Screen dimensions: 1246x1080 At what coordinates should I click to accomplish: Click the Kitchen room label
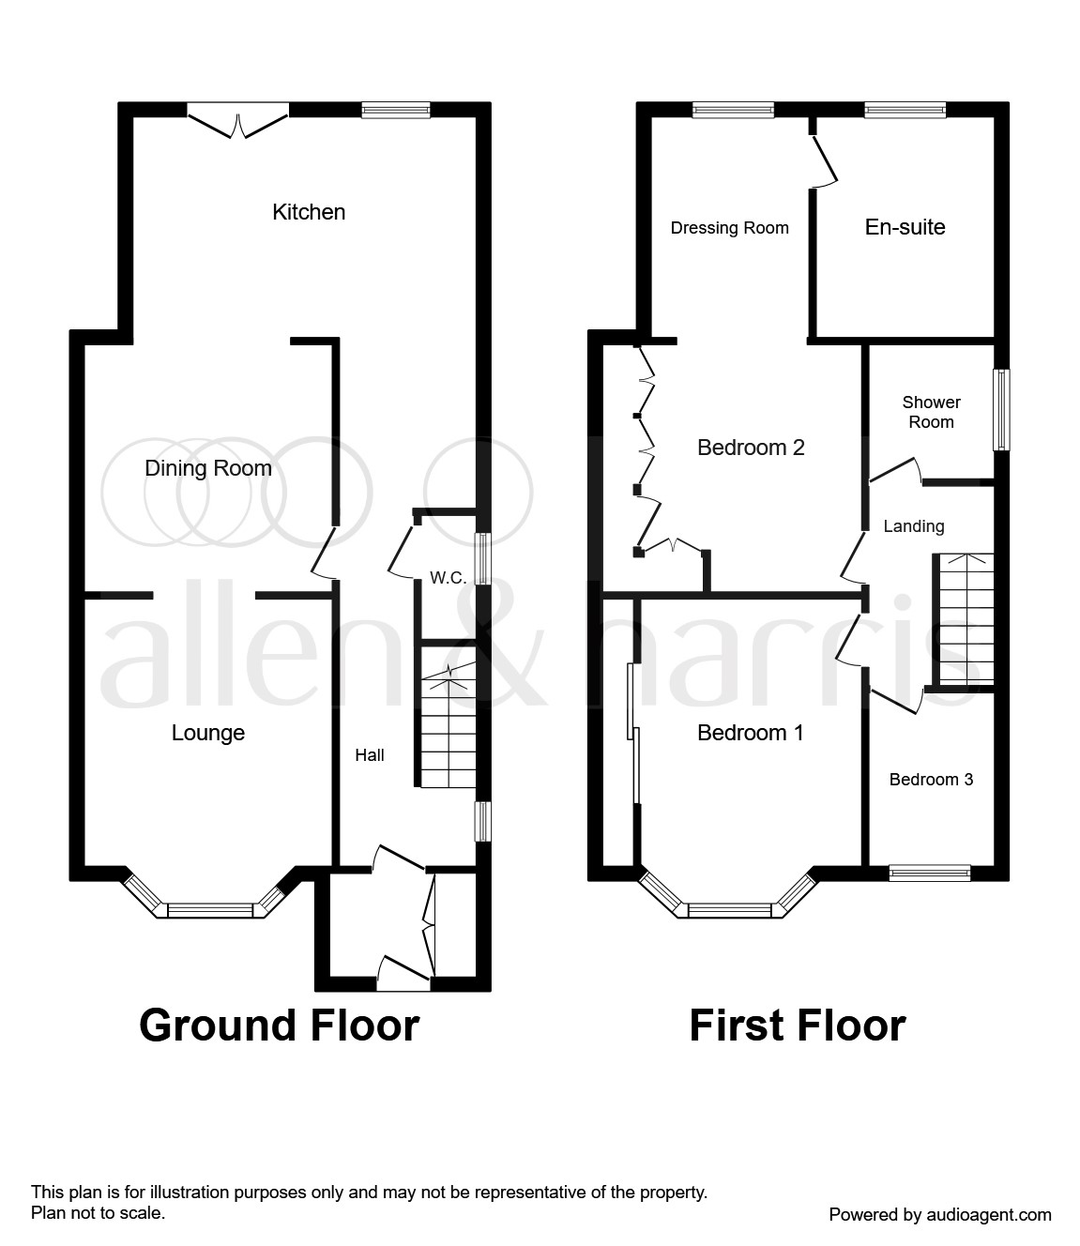[x=309, y=212]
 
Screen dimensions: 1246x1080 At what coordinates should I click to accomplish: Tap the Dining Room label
[x=208, y=468]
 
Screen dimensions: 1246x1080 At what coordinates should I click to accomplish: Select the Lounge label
[x=208, y=733]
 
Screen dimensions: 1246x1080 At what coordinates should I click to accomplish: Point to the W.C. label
[x=449, y=578]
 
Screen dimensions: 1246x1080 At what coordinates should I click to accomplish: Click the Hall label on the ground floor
[x=370, y=754]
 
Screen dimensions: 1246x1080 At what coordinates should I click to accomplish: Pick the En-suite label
[x=905, y=227]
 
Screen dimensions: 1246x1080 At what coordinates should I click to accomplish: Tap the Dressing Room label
[x=729, y=227]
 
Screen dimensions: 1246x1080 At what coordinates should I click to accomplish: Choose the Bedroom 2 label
[x=751, y=448]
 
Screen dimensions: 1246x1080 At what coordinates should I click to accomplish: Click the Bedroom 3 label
[x=931, y=779]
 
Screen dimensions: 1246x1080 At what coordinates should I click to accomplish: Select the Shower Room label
[x=931, y=412]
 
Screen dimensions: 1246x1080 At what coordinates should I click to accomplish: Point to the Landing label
[x=913, y=526]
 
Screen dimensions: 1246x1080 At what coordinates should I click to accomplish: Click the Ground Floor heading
[x=279, y=1026]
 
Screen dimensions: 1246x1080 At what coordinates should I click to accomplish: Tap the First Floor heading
[x=798, y=1026]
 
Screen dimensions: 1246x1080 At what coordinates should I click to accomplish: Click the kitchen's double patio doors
[x=238, y=122]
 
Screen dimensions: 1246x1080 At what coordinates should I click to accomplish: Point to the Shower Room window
[x=1002, y=409]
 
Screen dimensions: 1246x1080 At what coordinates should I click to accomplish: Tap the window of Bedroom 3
[x=929, y=873]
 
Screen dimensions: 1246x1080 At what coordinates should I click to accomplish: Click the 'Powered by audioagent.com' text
[x=939, y=1214]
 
